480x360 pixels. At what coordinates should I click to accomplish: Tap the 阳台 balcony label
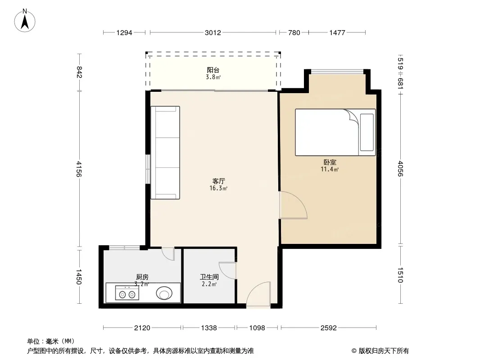(213, 70)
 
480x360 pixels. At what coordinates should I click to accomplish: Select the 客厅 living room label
(218, 181)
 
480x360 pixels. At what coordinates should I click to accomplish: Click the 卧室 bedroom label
(330, 162)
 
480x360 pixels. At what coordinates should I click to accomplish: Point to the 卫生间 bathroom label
(209, 277)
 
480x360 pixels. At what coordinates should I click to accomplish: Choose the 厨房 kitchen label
(142, 277)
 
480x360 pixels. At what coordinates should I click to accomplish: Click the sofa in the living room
(165, 153)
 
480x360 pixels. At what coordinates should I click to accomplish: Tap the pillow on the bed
(367, 132)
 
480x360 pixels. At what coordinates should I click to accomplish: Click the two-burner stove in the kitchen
(127, 292)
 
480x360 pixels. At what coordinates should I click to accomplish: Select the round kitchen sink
(164, 293)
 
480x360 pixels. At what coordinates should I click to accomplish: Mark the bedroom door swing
(293, 205)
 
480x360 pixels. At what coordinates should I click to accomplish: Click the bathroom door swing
(227, 271)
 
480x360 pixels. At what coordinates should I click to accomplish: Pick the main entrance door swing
(258, 294)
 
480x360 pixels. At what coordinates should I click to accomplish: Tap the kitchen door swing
(168, 254)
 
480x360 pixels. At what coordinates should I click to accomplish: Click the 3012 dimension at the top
(213, 32)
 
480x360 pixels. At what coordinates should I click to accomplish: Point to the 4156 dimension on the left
(79, 169)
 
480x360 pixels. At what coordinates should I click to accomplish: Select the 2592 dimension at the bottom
(328, 328)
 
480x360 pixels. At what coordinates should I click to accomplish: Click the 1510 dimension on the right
(400, 275)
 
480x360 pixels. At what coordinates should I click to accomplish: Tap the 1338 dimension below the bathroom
(209, 328)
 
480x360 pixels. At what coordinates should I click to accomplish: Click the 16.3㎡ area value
(218, 189)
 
